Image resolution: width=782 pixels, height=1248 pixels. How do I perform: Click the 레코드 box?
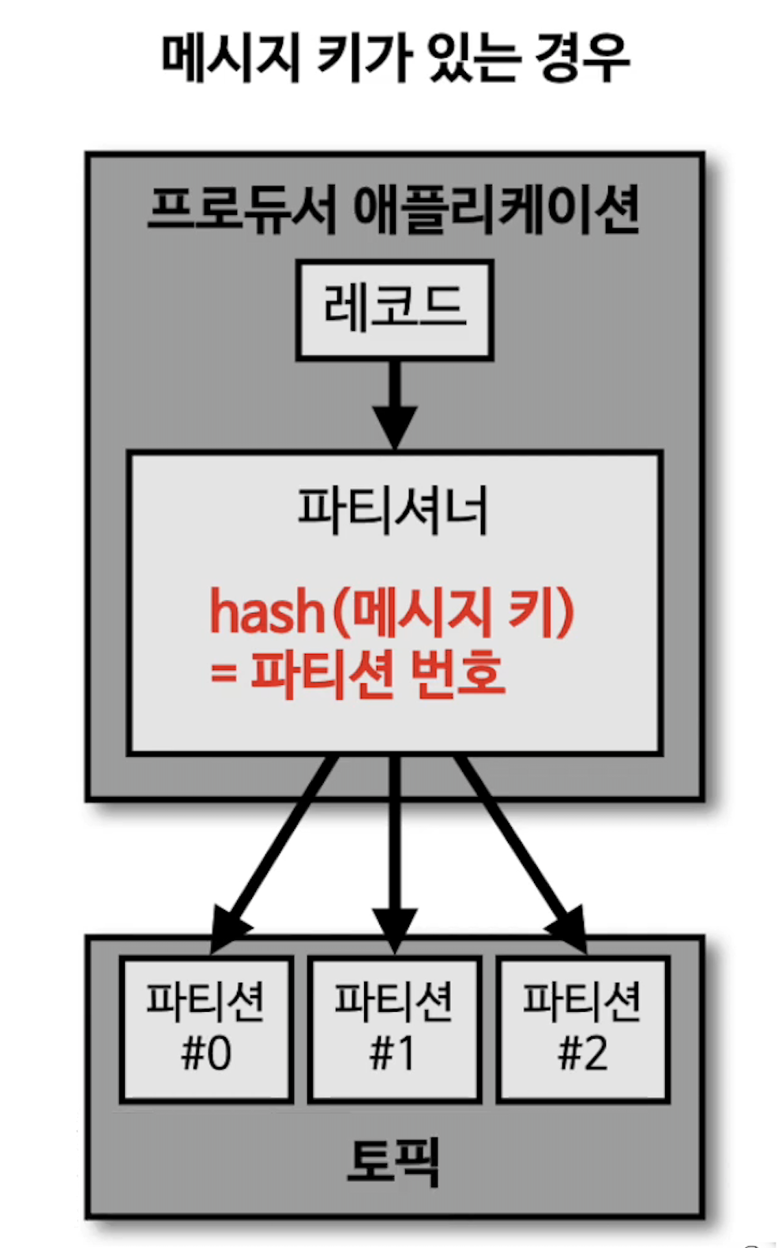[394, 310]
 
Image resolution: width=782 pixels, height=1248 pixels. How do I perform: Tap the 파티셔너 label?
[393, 510]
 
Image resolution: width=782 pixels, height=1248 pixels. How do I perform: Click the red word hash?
[267, 613]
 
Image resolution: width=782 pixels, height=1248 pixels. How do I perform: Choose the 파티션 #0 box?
[206, 1028]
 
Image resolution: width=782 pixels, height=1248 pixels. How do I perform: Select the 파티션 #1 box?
[394, 1028]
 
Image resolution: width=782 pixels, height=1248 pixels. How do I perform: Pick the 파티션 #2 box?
[583, 1028]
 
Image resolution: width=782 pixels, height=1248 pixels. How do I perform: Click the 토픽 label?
[393, 1160]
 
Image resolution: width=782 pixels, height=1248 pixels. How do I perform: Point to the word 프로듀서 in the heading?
[242, 209]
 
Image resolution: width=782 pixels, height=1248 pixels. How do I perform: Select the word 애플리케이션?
[496, 209]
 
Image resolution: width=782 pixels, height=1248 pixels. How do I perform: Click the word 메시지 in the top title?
[230, 58]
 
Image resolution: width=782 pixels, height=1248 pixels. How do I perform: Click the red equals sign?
[224, 674]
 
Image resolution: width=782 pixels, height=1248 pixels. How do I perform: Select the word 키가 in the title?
[361, 58]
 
